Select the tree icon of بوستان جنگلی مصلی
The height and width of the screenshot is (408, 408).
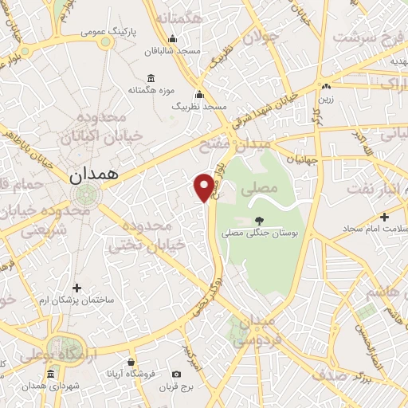[257, 221]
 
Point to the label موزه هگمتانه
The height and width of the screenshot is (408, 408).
[151, 90]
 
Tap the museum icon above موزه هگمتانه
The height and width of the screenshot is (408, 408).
[151, 78]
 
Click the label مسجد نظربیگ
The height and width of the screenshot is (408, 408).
[200, 106]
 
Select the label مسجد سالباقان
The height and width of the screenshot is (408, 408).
[171, 50]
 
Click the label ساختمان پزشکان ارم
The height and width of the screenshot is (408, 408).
[77, 300]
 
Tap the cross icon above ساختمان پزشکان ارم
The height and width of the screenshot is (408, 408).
[76, 288]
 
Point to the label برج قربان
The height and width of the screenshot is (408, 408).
[176, 386]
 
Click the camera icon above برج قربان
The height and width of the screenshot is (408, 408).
[176, 374]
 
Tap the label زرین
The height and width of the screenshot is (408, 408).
[325, 100]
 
